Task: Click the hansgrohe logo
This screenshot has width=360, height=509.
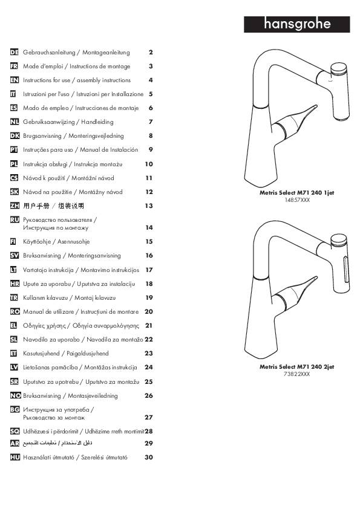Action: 296,24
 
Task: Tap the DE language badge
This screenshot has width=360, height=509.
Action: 15,52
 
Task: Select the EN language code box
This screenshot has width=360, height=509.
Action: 15,80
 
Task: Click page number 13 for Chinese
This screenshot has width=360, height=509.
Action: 149,206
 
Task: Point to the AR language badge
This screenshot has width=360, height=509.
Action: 15,443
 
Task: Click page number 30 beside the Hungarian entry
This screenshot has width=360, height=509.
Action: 149,457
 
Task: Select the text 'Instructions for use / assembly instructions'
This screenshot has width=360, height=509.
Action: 77,80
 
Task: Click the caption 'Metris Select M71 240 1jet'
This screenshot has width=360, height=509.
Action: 296,192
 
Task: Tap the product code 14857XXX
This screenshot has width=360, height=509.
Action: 297,200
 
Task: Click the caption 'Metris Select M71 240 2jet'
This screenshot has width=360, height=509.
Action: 296,367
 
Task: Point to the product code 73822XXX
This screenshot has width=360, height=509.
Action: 297,374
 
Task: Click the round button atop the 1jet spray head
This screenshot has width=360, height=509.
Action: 339,70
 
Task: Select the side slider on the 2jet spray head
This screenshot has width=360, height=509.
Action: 345,269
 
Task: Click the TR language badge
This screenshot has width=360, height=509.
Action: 14,297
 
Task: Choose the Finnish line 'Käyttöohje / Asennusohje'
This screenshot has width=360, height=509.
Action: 56,242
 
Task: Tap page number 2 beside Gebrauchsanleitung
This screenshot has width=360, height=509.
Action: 151,52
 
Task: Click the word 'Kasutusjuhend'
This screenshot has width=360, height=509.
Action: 41,354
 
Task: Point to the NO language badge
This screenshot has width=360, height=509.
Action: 15,396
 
